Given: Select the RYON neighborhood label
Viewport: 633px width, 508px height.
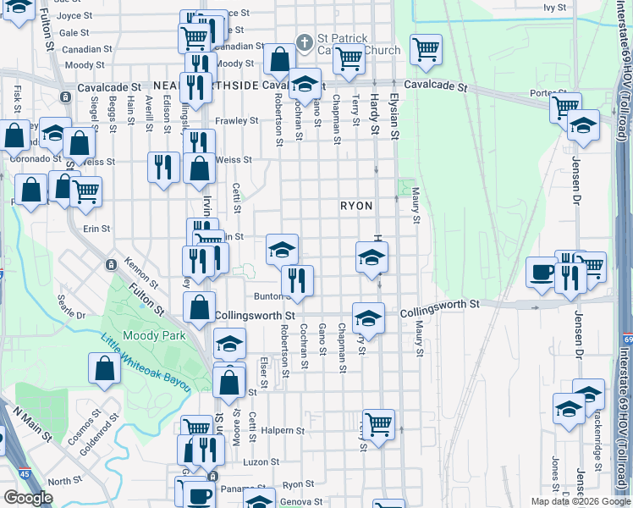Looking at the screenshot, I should click(x=356, y=206).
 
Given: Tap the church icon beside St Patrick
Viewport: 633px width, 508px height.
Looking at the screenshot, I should click(x=305, y=41).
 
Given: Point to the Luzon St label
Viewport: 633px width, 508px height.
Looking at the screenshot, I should click(x=261, y=462).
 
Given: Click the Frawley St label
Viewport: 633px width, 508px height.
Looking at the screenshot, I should click(x=237, y=121).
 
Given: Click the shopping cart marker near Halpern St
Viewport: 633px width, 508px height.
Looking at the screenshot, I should click(x=378, y=424).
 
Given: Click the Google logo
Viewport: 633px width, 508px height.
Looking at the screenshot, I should click(x=28, y=498).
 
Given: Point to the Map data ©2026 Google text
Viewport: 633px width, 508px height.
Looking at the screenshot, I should click(x=581, y=501).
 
